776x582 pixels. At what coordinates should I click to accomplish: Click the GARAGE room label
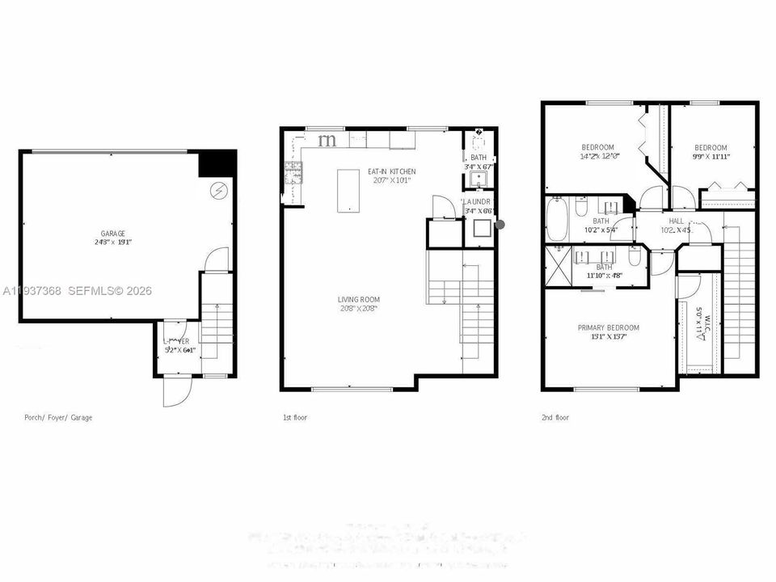click(113, 234)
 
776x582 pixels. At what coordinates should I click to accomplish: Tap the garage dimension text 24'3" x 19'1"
click(113, 242)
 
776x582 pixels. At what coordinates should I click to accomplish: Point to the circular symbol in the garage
click(219, 191)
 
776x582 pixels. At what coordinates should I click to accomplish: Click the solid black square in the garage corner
click(217, 163)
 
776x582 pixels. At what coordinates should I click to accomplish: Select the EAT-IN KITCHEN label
click(391, 171)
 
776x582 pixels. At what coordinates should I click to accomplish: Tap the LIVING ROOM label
click(359, 300)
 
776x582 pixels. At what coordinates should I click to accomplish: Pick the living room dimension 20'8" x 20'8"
click(359, 309)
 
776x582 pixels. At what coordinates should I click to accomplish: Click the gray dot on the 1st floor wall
click(500, 225)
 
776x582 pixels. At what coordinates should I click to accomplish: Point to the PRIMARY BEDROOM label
click(608, 327)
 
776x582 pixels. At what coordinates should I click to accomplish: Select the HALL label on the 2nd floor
click(676, 220)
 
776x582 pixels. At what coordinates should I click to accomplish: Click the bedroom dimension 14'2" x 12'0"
click(600, 156)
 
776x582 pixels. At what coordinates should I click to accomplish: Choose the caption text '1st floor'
click(294, 418)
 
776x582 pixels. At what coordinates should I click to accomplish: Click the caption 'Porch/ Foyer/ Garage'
click(58, 418)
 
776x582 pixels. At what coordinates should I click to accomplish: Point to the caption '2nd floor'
click(555, 418)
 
